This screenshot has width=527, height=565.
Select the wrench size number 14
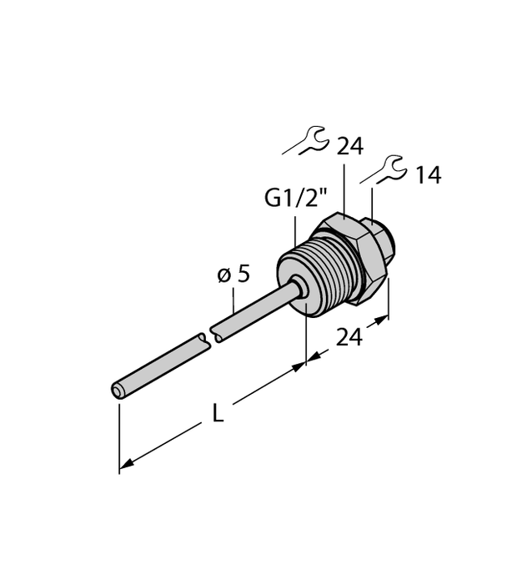click(x=428, y=175)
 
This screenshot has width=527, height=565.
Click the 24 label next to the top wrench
click(x=350, y=147)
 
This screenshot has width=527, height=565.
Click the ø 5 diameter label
click(x=233, y=275)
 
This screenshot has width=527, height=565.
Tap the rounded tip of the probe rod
click(x=117, y=390)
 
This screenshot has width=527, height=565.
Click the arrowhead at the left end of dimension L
click(x=125, y=465)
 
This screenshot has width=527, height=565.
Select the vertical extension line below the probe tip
click(x=119, y=434)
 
